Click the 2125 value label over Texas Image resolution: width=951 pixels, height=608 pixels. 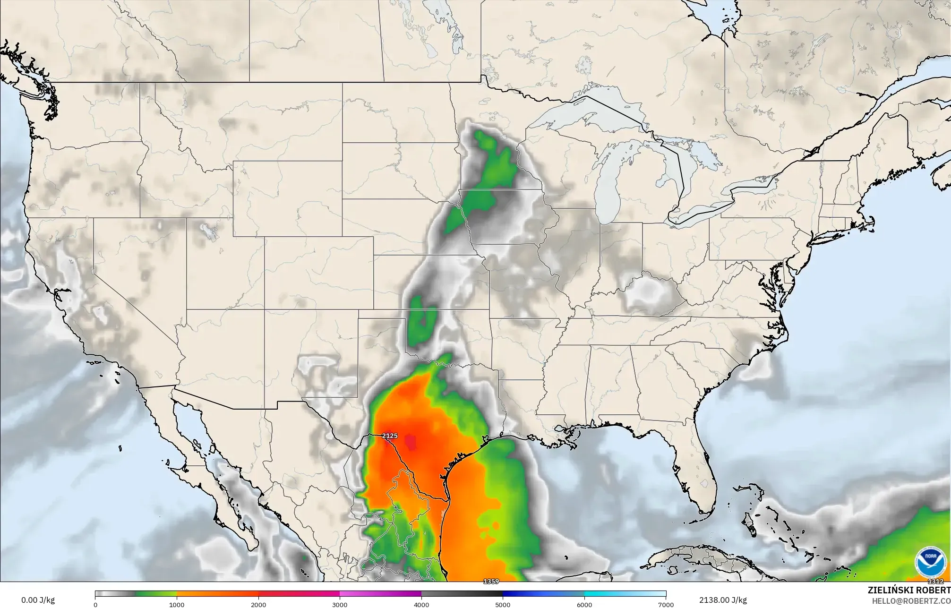pyautogui.click(x=390, y=436)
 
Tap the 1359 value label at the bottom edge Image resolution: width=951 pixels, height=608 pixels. pyautogui.click(x=491, y=582)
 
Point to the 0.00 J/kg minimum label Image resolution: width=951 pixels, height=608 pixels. pyautogui.click(x=38, y=600)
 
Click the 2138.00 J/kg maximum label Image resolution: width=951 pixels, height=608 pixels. pyautogui.click(x=723, y=600)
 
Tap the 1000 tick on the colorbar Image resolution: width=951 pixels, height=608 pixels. pyautogui.click(x=177, y=604)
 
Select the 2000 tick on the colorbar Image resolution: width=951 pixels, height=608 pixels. pyautogui.click(x=258, y=604)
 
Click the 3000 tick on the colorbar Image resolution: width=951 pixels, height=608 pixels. pyautogui.click(x=340, y=604)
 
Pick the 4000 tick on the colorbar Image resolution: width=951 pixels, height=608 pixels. pyautogui.click(x=421, y=604)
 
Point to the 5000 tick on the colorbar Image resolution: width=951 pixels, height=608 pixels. pyautogui.click(x=503, y=604)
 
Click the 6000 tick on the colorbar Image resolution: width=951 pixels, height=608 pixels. pyautogui.click(x=584, y=604)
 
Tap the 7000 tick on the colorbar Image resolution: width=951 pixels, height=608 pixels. pyautogui.click(x=666, y=604)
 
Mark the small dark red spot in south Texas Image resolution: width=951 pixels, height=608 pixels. pyautogui.click(x=411, y=442)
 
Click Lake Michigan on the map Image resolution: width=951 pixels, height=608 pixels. pyautogui.click(x=607, y=189)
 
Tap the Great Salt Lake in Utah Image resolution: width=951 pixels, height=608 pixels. pyautogui.click(x=207, y=231)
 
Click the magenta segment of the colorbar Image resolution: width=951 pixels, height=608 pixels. pyautogui.click(x=380, y=594)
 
